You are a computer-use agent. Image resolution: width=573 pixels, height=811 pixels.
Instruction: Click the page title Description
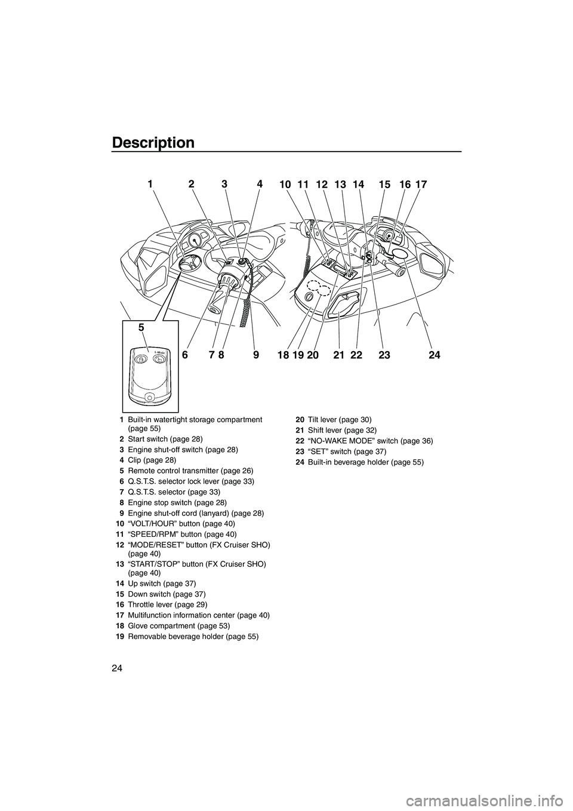click(x=153, y=143)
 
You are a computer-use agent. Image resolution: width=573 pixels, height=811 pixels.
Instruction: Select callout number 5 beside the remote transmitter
click(x=141, y=327)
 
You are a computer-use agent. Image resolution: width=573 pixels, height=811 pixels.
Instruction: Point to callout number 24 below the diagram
click(x=434, y=355)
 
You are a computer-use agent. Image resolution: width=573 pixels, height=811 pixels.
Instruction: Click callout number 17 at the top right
click(x=421, y=185)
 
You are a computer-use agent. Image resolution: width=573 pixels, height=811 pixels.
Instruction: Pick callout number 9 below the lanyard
click(x=256, y=355)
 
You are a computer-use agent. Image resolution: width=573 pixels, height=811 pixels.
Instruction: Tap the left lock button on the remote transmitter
click(x=139, y=360)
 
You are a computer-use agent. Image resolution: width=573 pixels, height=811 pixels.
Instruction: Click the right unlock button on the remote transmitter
click(x=159, y=360)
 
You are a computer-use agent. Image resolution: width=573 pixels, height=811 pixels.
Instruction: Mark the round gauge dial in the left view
click(x=193, y=241)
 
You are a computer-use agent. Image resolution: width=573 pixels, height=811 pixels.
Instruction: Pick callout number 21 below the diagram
click(x=339, y=355)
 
